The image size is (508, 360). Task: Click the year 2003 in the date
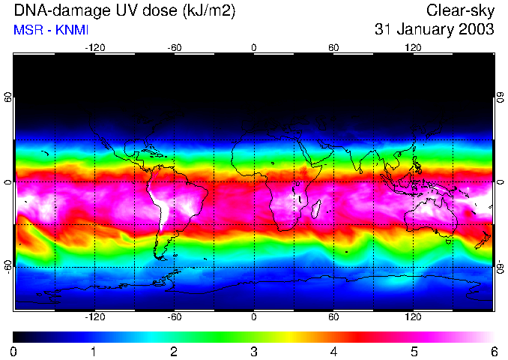477,30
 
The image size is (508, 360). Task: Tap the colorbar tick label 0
14,351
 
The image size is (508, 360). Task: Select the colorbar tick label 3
254,351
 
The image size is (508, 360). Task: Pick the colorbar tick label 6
493,351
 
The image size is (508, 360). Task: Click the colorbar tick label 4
333,351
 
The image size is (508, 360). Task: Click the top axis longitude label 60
333,47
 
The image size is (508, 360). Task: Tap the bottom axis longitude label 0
254,317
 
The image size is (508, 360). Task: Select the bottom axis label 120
413,317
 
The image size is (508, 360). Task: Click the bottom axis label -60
174,317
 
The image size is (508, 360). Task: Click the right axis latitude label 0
500,182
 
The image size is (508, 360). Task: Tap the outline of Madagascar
318,207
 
